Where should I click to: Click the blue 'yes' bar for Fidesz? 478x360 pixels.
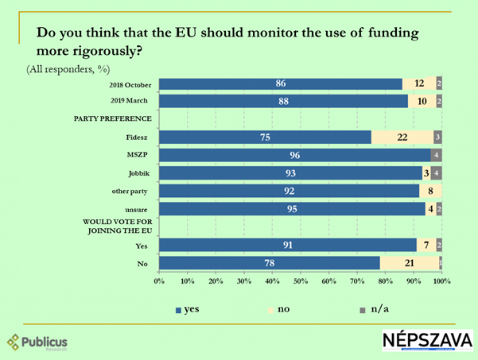tap(265, 137)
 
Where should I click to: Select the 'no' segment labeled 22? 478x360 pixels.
tap(402, 137)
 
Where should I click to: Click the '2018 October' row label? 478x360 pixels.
tap(129, 83)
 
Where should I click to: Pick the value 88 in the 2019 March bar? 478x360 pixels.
tap(284, 101)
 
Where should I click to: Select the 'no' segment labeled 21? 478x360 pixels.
tap(410, 262)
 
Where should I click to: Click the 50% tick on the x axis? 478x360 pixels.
tap(301, 281)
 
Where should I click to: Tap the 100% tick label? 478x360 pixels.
tap(441, 281)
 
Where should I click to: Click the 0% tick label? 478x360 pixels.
tap(159, 281)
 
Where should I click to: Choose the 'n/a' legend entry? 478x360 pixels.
tap(378, 308)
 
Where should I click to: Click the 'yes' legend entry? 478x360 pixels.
tap(188, 308)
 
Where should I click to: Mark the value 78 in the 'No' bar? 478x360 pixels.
tap(270, 262)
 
